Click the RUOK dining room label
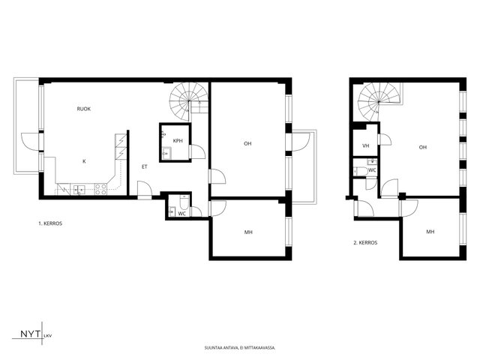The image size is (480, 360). point(83,109)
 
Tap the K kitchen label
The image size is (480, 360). point(84,161)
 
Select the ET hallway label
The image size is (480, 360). point(145,166)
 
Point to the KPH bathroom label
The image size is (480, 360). point(178,141)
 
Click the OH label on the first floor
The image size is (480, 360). point(247,143)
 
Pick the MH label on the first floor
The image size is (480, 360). point(248,232)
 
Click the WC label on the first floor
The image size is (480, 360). point(181,214)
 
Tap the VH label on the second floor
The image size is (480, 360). point(366,146)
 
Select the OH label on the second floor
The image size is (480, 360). point(423,147)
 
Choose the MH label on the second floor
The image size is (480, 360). point(430,232)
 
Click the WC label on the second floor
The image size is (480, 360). point(372,170)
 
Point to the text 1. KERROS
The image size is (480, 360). point(50,223)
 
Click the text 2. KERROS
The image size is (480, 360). point(365,243)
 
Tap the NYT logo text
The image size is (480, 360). point(30,334)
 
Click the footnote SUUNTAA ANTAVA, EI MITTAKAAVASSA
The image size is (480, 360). point(240,348)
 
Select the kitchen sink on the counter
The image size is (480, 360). point(79,190)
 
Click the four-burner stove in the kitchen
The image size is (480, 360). point(100,189)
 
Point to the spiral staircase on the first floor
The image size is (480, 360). point(189,102)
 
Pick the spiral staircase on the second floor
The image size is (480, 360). point(379,103)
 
